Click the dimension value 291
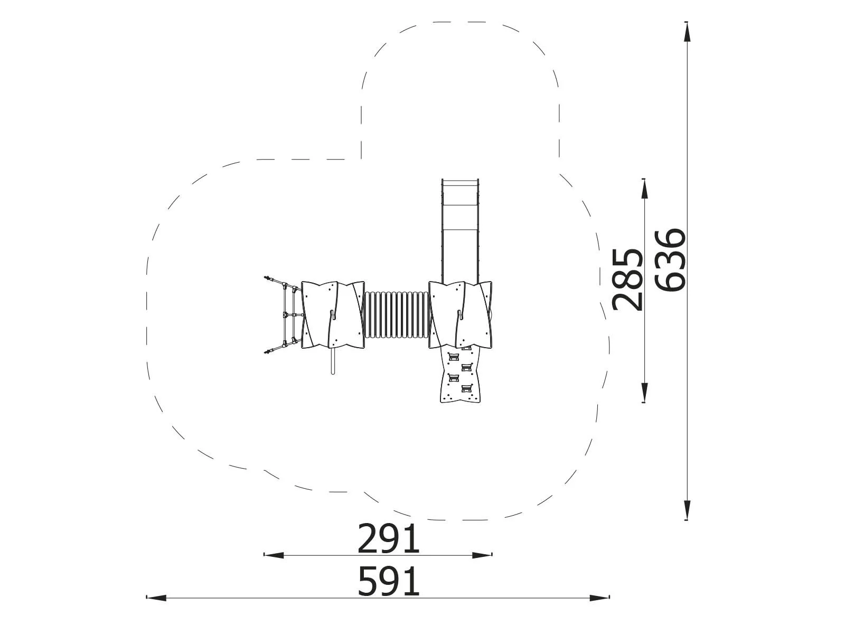click(x=389, y=539)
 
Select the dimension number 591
click(x=389, y=582)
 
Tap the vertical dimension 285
click(x=627, y=279)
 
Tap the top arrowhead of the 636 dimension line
click(x=687, y=32)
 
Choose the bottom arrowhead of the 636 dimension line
click(x=687, y=510)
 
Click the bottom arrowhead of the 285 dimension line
click(x=644, y=393)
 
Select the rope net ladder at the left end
click(x=285, y=315)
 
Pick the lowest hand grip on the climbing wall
click(x=466, y=389)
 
